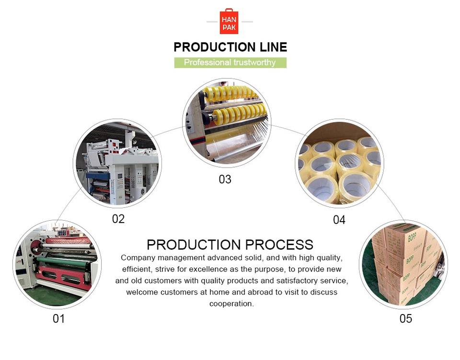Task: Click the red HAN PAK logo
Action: pyautogui.click(x=229, y=22)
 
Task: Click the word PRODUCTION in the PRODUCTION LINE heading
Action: pyautogui.click(x=208, y=47)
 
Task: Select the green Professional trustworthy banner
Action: pyautogui.click(x=230, y=63)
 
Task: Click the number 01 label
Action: pyautogui.click(x=58, y=318)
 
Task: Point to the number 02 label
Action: pyautogui.click(x=118, y=219)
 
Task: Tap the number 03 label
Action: pyautogui.click(x=225, y=179)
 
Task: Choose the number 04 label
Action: pyautogui.click(x=339, y=220)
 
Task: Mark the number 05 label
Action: pyautogui.click(x=405, y=318)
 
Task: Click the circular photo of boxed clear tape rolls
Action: pyautogui.click(x=339, y=163)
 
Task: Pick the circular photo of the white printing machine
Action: pyautogui.click(x=117, y=163)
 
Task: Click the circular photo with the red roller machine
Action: pyautogui.click(x=57, y=264)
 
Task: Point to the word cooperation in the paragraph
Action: pyautogui.click(x=231, y=304)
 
